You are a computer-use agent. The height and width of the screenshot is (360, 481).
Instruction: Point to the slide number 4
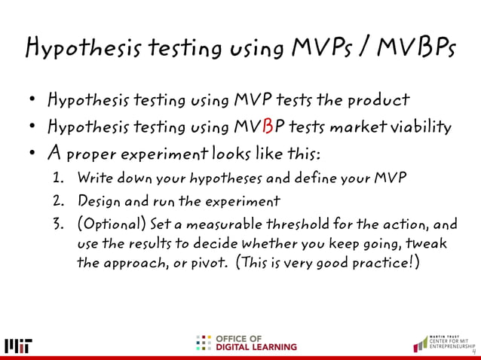click(x=473, y=352)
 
